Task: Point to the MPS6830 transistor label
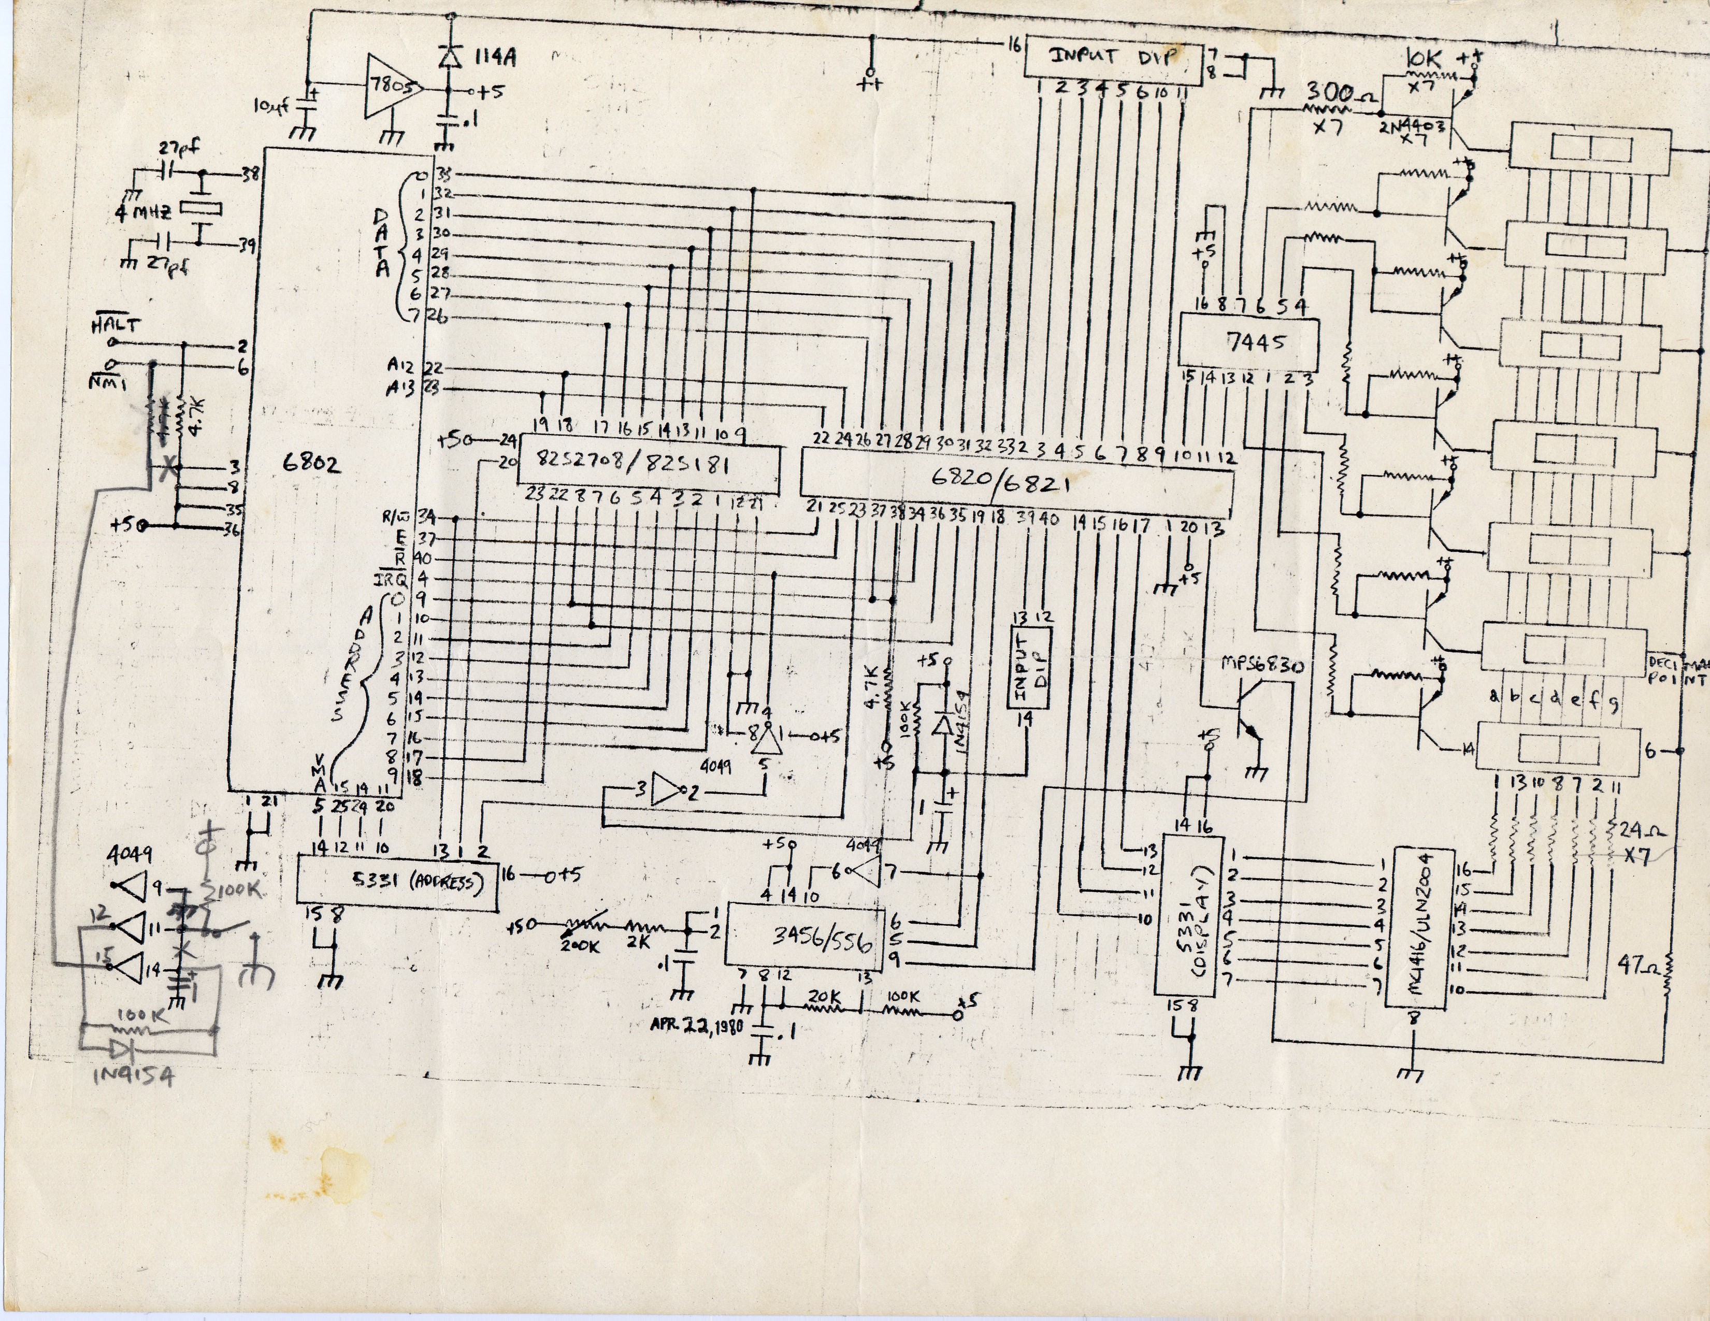point(1262,666)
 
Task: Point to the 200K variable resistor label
point(580,945)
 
